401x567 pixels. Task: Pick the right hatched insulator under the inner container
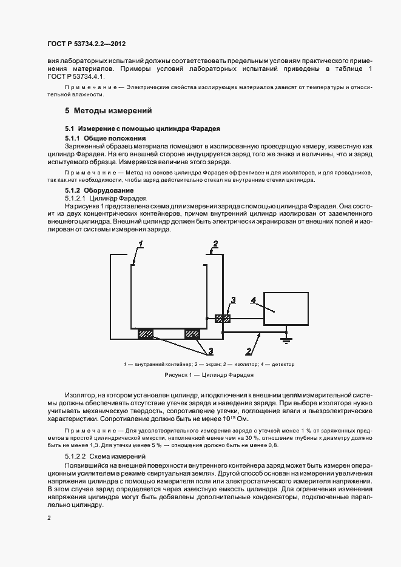192,333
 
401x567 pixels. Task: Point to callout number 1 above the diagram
140,244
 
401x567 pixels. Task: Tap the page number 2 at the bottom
49,518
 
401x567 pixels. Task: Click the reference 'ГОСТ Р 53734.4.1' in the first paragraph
76,78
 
